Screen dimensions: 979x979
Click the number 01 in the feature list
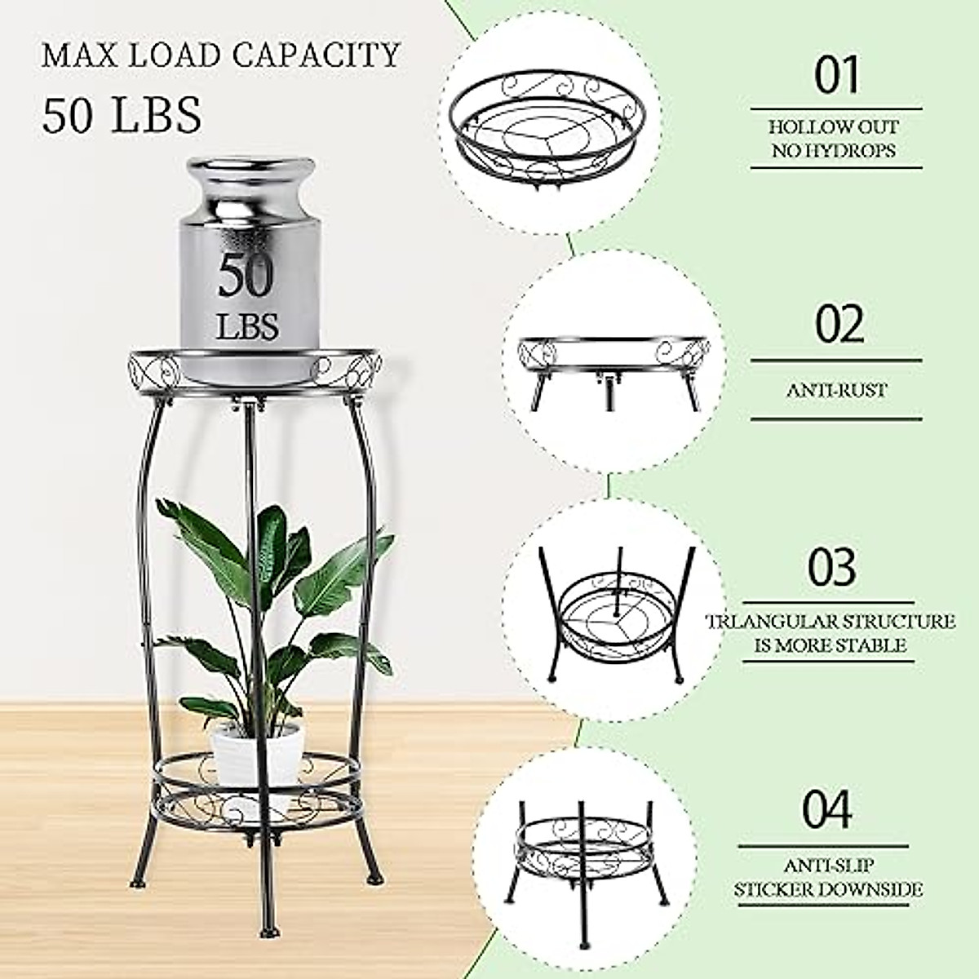click(837, 76)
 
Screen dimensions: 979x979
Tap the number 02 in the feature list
click(839, 324)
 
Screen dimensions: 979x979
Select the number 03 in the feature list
click(832, 565)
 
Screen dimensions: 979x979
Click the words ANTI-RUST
click(836, 390)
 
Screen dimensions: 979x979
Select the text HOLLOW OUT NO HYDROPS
click(834, 139)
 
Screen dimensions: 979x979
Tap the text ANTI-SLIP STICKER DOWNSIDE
click(830, 877)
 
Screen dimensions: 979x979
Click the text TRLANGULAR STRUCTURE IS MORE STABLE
click(830, 633)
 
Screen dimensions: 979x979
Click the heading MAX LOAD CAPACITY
click(221, 55)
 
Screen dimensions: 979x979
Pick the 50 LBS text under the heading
click(122, 114)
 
